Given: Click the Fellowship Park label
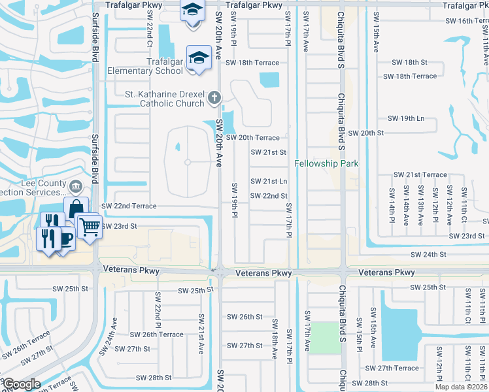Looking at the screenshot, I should click(326, 163).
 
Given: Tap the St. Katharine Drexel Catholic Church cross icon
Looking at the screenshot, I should click(214, 99).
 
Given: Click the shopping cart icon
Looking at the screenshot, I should click(89, 227).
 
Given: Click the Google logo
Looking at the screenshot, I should click(21, 384).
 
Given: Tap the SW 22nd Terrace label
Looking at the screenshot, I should click(129, 206).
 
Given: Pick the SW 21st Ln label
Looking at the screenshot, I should click(269, 181).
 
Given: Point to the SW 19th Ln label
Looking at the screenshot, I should click(406, 118).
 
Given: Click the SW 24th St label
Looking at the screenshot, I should click(428, 254).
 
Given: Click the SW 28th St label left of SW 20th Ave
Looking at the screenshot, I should click(154, 378).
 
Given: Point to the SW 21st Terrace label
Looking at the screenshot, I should click(420, 175).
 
